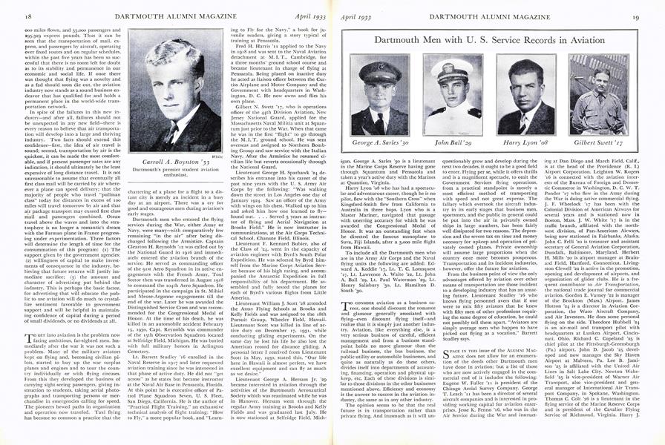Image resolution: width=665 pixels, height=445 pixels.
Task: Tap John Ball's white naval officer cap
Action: tap(453, 67)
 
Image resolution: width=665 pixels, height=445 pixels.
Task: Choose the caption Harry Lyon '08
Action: tap(525, 142)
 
